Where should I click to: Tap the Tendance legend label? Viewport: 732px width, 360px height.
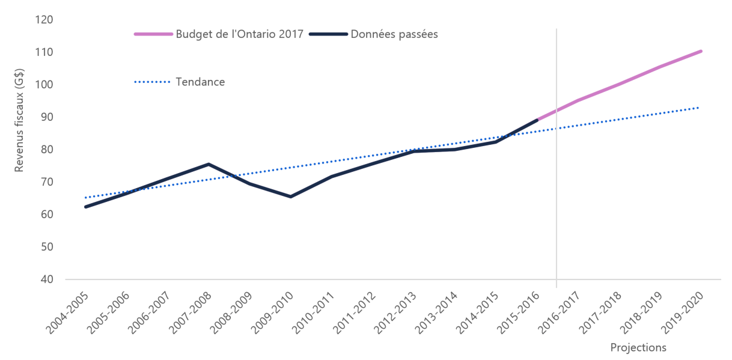click(x=200, y=82)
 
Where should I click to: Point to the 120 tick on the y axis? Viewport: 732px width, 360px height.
click(x=44, y=20)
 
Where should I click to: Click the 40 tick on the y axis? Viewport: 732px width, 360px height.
click(x=47, y=279)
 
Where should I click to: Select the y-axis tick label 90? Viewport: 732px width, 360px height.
click(x=47, y=117)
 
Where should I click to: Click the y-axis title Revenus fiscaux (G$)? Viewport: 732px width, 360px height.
click(x=20, y=123)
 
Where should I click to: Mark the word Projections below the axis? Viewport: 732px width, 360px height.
click(x=638, y=347)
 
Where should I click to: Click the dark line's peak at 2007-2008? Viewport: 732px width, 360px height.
click(x=209, y=164)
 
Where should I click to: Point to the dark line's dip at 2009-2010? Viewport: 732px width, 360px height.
click(x=291, y=197)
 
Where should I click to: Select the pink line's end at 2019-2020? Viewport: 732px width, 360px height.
click(x=701, y=51)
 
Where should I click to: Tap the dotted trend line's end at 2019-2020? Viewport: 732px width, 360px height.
click(x=701, y=108)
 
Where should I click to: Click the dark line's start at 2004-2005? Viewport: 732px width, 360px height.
click(x=86, y=207)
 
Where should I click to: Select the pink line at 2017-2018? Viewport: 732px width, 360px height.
click(x=619, y=84)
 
